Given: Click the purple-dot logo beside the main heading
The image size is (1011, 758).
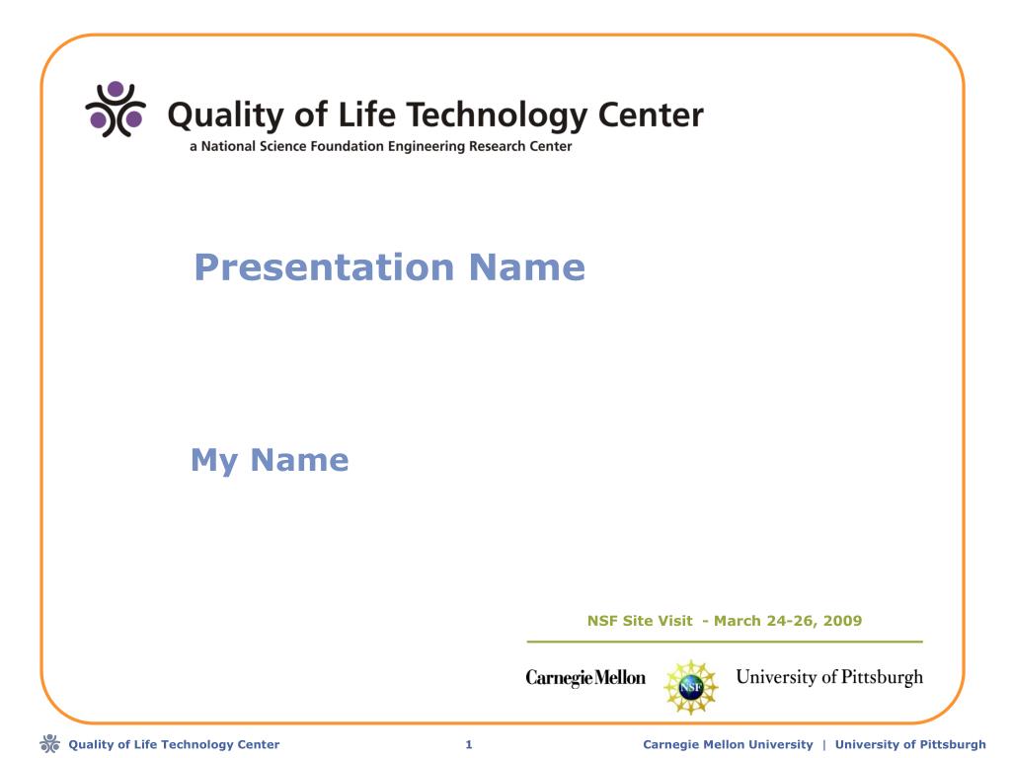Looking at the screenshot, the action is (116, 109).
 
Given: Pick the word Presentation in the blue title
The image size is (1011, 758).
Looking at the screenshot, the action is (324, 267).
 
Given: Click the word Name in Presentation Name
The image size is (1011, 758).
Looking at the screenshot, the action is (527, 267).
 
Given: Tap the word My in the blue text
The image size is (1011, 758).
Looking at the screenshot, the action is (214, 461).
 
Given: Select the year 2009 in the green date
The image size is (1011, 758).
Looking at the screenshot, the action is (842, 621).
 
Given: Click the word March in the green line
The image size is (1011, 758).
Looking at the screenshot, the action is (737, 621).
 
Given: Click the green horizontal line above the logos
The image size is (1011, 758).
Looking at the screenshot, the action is (725, 642).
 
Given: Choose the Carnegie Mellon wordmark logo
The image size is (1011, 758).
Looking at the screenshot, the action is (585, 678).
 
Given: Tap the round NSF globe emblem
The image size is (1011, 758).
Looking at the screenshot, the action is (690, 687).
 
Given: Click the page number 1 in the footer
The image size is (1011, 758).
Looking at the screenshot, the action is (469, 744).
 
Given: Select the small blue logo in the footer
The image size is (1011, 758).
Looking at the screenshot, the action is (49, 744).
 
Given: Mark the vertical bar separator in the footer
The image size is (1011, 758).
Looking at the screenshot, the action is (824, 744).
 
